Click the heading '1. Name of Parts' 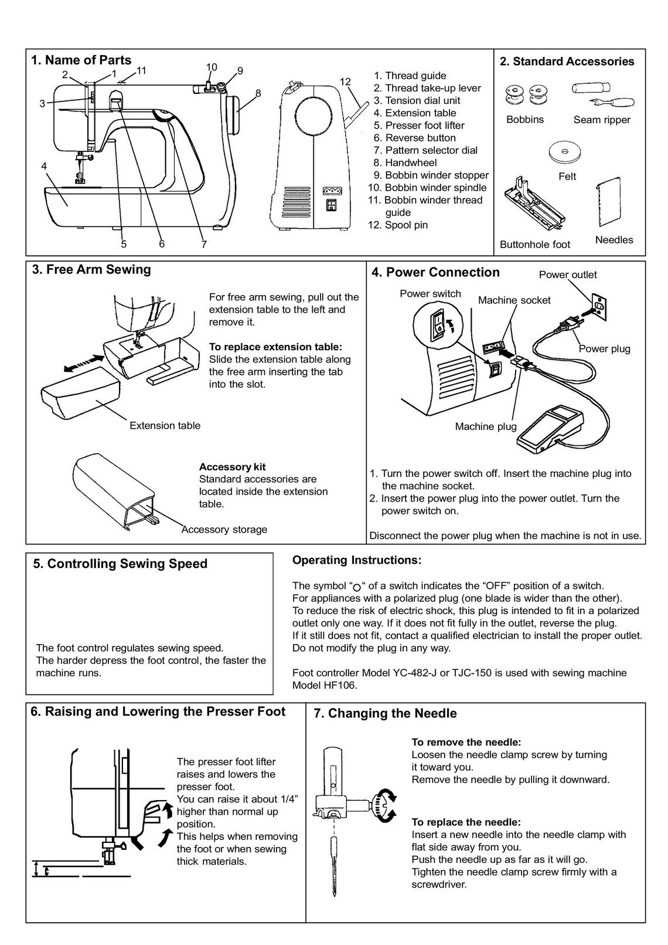[x=81, y=60]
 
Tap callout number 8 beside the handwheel [x=258, y=93]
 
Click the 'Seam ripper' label [x=602, y=120]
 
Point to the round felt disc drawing [x=565, y=152]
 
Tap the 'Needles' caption [x=614, y=239]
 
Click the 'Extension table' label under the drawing [x=165, y=425]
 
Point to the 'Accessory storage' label [x=224, y=529]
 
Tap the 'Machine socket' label [x=514, y=300]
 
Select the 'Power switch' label [x=430, y=293]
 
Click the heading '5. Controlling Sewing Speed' [x=120, y=564]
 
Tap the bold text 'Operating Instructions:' [x=356, y=560]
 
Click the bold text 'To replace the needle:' [x=466, y=822]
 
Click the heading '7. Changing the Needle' [x=385, y=713]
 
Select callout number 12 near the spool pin [x=345, y=82]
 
